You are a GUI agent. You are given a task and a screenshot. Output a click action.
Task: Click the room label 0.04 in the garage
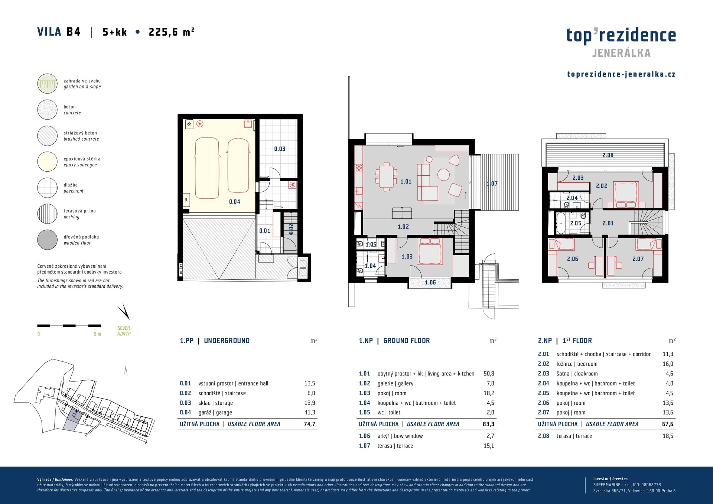(x=234, y=202)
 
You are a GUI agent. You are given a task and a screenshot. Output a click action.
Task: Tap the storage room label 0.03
(x=280, y=149)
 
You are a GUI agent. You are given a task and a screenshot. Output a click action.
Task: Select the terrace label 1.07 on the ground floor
(x=492, y=183)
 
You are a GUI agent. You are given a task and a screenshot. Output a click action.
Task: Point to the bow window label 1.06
(x=430, y=283)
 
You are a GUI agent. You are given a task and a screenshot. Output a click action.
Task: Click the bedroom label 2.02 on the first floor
(x=601, y=186)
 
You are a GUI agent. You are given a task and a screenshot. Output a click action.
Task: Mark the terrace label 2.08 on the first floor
(x=608, y=155)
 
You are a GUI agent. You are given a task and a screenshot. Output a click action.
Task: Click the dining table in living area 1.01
(x=386, y=177)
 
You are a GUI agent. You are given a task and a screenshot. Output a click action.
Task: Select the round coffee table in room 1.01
(x=443, y=175)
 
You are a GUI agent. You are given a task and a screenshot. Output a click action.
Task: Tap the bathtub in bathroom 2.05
(x=561, y=223)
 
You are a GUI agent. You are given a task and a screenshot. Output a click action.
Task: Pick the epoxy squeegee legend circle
(x=47, y=162)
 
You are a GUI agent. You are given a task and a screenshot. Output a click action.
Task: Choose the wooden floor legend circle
(x=47, y=240)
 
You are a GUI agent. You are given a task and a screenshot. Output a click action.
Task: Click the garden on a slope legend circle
(x=47, y=84)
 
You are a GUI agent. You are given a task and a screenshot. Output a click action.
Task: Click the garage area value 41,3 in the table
(x=310, y=412)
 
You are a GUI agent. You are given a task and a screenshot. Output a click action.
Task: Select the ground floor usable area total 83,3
(x=488, y=424)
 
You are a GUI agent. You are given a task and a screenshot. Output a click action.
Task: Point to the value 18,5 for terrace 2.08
(x=668, y=436)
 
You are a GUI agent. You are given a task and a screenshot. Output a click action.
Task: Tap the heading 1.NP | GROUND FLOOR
(x=394, y=341)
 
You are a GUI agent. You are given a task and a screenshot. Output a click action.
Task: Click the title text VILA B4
(x=59, y=32)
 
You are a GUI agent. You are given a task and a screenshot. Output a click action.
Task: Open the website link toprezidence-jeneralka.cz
(x=621, y=74)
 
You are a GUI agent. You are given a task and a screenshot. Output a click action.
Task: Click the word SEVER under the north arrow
(x=124, y=328)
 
